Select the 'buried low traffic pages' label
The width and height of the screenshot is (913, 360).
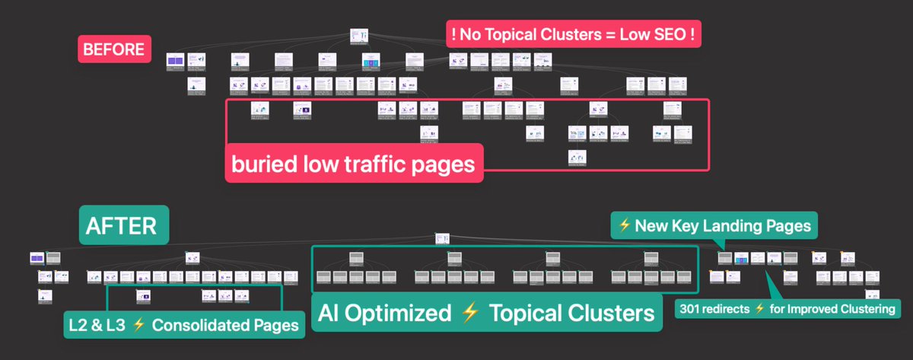tap(354, 163)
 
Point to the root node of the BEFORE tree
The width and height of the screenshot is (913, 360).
tap(359, 36)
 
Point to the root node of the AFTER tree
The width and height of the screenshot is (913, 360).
tap(447, 239)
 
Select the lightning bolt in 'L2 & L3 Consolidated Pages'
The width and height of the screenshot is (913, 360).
tap(138, 325)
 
